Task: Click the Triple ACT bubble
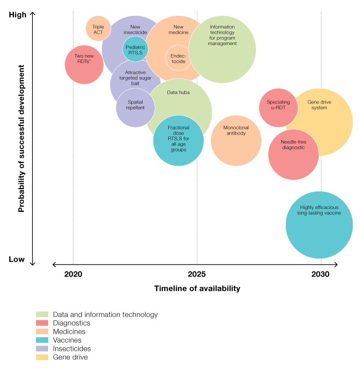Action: pos(98,29)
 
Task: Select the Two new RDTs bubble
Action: pos(84,64)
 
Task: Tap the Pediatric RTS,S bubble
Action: pos(135,50)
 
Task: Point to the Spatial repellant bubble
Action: pos(135,107)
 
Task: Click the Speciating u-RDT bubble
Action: pos(278,107)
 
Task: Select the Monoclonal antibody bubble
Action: pos(236,141)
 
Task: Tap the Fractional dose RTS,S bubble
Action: pos(179,140)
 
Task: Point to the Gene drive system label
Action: pos(319,105)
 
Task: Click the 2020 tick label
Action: pos(73,274)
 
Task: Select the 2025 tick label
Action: pos(197,274)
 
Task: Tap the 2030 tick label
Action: pos(321,274)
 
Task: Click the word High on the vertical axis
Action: pos(18,15)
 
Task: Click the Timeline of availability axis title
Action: pos(197,289)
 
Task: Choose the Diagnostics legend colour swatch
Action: pos(42,323)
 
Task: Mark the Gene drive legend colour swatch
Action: pos(42,357)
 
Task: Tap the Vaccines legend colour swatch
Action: pos(42,340)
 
